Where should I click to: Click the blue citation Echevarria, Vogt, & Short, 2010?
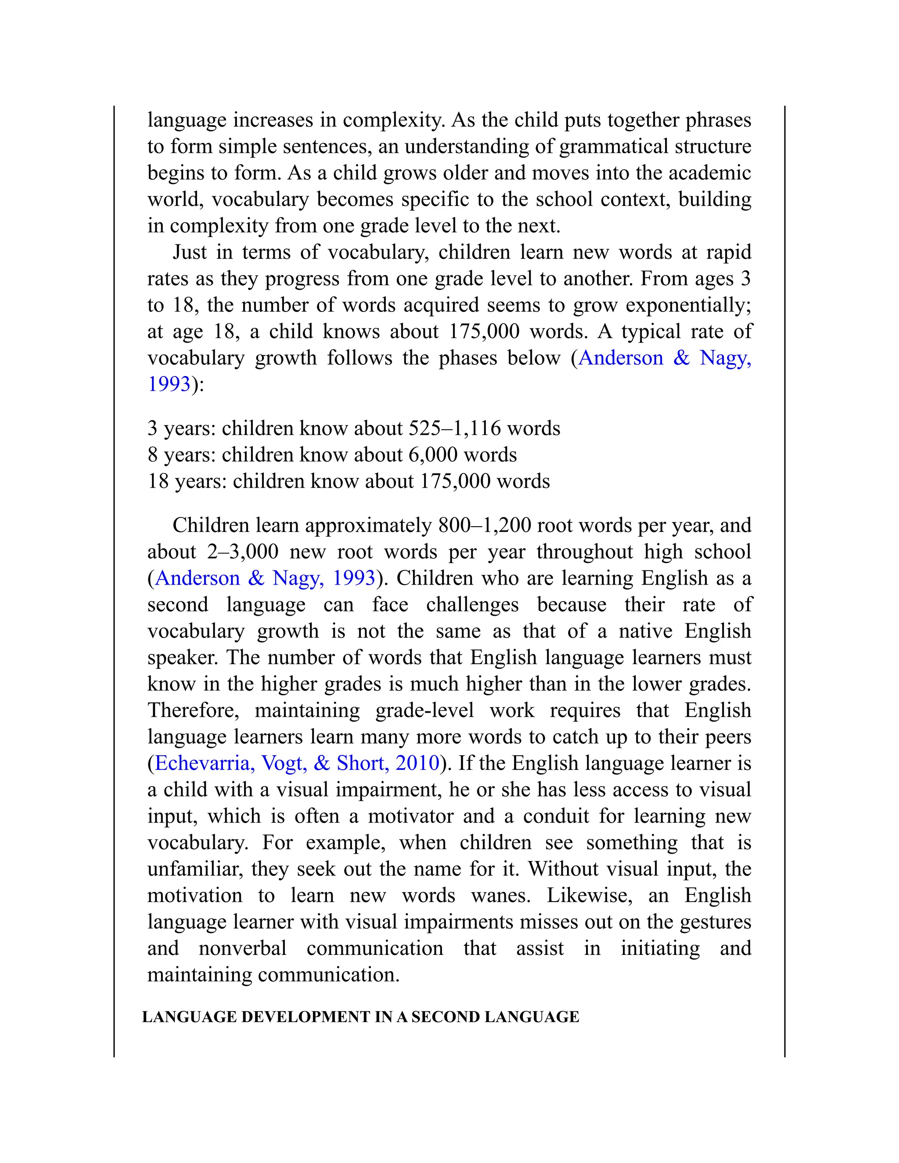click(x=297, y=763)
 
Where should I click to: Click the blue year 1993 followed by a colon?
click(x=169, y=384)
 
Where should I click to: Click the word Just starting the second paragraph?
click(x=190, y=252)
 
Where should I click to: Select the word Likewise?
click(x=589, y=895)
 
